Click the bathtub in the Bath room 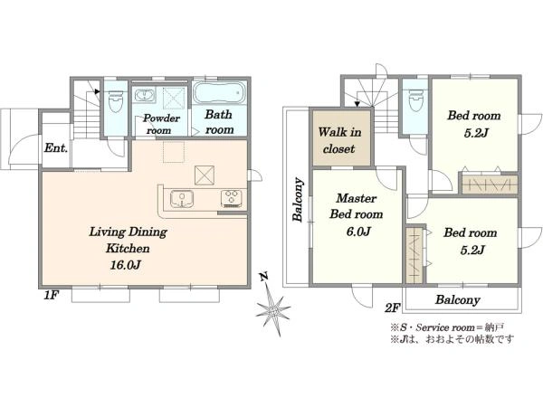[x=219, y=92]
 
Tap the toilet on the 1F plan [x=116, y=101]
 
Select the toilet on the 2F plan [x=415, y=100]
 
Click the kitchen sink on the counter [x=182, y=199]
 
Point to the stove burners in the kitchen [x=232, y=199]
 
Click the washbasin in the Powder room [x=145, y=96]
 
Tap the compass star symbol [x=273, y=310]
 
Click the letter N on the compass [x=264, y=277]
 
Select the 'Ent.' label [x=56, y=148]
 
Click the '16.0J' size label [x=125, y=265]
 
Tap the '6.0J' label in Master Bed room [x=358, y=232]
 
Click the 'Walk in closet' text [x=339, y=140]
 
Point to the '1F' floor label [x=51, y=295]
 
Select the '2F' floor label [x=393, y=308]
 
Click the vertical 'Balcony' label [x=298, y=199]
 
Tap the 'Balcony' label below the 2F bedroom [x=457, y=299]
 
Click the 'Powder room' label [x=161, y=124]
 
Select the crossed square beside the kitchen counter [x=205, y=175]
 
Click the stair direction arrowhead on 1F [x=98, y=91]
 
